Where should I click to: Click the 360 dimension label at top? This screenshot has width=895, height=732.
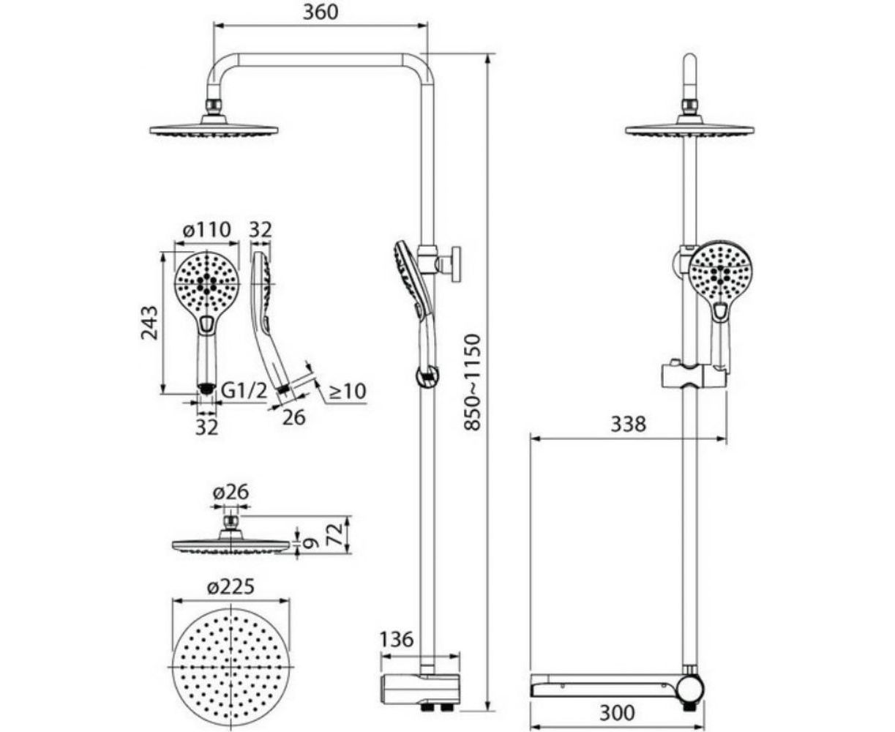[321, 12]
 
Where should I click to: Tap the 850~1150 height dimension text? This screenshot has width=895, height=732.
[471, 383]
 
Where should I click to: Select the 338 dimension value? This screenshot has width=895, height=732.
[628, 424]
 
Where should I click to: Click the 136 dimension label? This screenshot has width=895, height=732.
[397, 640]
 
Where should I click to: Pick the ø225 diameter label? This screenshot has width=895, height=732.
[231, 587]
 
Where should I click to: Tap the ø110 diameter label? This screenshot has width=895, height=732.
[206, 230]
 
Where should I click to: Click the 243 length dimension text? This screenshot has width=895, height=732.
[149, 323]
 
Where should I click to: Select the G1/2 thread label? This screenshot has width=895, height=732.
[245, 391]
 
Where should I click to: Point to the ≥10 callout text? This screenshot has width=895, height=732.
[347, 391]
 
